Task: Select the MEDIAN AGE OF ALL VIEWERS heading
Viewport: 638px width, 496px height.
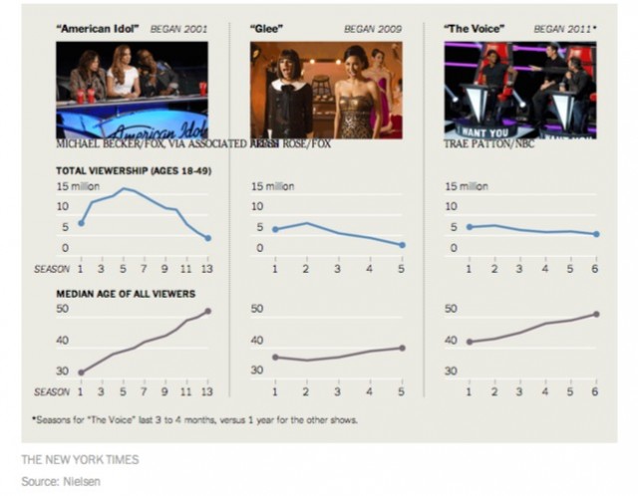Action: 125,294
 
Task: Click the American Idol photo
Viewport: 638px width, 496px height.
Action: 132,89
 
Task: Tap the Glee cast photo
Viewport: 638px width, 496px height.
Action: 326,89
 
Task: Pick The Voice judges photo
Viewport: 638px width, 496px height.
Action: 519,89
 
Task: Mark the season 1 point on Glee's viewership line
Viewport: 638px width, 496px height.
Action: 274,229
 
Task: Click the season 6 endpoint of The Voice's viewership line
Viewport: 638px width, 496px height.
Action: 595,234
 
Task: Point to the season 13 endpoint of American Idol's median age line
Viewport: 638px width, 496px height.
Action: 208,311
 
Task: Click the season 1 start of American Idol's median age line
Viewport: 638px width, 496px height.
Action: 81,372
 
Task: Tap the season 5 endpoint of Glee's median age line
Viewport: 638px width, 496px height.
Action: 402,348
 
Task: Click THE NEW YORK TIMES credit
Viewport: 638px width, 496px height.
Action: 80,460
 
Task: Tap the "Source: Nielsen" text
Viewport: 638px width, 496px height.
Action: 65,481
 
